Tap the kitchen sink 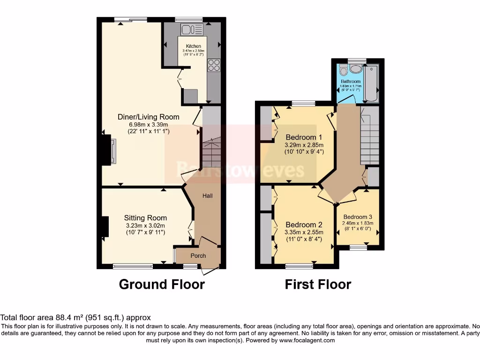click(x=192, y=30)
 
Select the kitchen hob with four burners click(x=214, y=65)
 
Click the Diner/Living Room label click(x=148, y=117)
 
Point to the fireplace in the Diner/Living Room click(x=108, y=150)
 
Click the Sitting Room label click(x=145, y=218)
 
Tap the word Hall click(x=208, y=195)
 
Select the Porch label click(x=198, y=255)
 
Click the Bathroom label click(x=351, y=82)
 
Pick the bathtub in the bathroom click(x=371, y=83)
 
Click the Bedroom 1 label click(x=304, y=137)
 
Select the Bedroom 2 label click(x=304, y=225)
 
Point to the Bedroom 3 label click(x=358, y=217)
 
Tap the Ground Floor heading click(x=162, y=284)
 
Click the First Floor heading click(x=318, y=284)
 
